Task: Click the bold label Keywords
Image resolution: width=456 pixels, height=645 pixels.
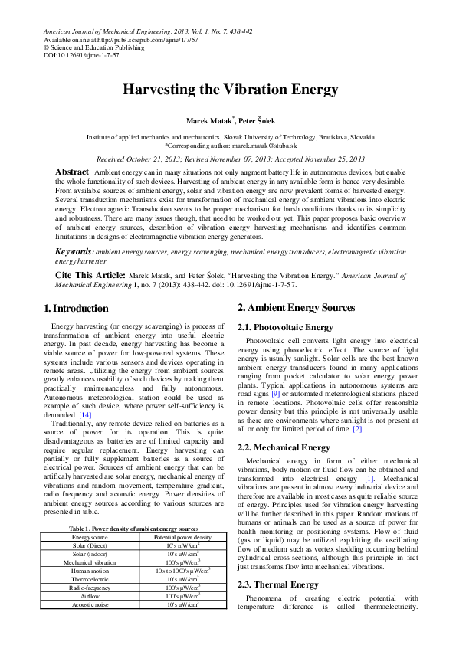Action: click(74, 251)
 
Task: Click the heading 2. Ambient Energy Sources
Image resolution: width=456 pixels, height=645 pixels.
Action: click(296, 307)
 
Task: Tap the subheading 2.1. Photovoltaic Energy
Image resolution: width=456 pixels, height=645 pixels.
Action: click(285, 327)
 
